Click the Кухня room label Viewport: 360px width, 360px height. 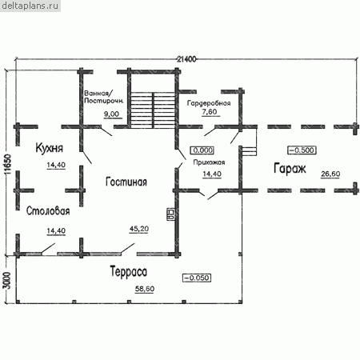50,148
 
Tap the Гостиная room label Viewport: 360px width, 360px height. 126,182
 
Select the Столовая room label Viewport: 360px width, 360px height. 48,211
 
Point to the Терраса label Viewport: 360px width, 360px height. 128,272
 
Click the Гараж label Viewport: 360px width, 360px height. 290,169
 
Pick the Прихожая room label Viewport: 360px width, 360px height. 209,162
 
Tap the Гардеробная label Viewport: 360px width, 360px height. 209,103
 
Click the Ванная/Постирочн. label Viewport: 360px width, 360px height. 104,97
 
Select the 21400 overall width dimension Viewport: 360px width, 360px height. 186,59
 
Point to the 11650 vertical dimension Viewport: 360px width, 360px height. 8,164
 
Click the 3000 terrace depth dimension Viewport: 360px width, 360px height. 7,281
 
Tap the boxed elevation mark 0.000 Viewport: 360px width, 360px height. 202,150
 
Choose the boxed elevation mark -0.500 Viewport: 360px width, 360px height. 302,150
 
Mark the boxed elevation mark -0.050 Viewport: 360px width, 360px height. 197,278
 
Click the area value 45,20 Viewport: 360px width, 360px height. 139,229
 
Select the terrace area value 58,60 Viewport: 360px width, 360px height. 145,289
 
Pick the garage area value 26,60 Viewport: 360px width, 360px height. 330,174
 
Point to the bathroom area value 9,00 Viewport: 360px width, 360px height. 111,114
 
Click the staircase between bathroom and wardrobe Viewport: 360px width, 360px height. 153,110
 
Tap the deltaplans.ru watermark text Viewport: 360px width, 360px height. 30,6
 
